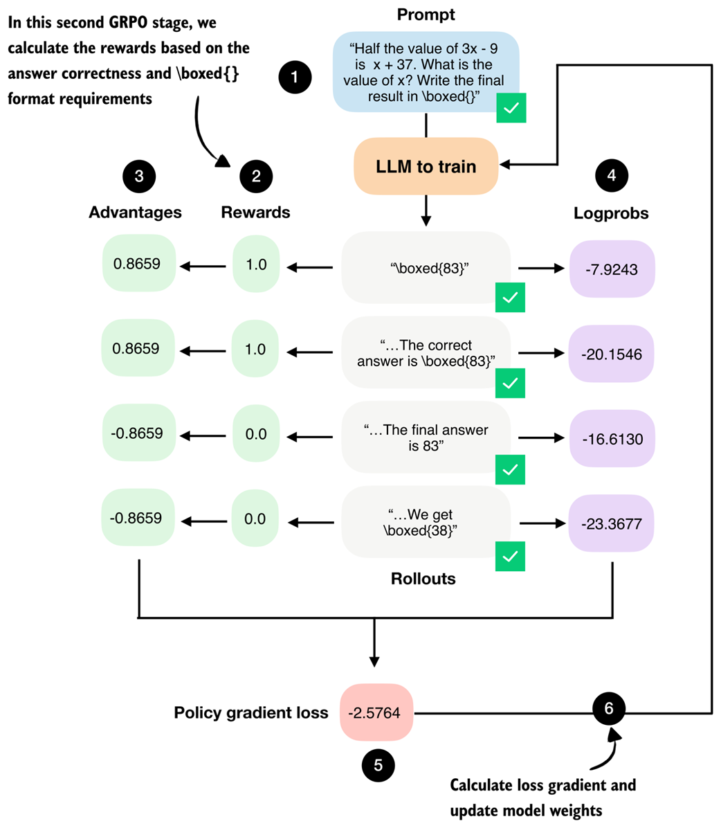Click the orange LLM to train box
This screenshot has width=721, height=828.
[x=426, y=167]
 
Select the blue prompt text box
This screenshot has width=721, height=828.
[x=426, y=72]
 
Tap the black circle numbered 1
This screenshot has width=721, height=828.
[x=295, y=77]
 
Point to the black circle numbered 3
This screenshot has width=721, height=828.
[x=138, y=176]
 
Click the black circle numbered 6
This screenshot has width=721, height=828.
[x=609, y=708]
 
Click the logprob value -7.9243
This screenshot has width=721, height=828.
[x=611, y=269]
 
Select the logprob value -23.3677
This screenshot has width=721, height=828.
[x=611, y=524]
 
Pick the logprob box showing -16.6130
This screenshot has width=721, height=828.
[x=611, y=439]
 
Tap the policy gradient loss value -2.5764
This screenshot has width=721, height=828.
[x=376, y=713]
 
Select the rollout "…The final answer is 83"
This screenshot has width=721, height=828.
[x=426, y=438]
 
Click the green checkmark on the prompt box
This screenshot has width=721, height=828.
[x=511, y=108]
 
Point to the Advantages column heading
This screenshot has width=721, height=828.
[x=135, y=213]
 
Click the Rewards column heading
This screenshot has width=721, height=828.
[x=255, y=213]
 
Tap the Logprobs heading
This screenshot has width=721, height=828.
[x=611, y=213]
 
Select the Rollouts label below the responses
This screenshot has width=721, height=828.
[x=423, y=579]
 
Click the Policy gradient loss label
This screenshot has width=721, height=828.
[x=250, y=713]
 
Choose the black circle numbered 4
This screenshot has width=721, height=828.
[x=611, y=176]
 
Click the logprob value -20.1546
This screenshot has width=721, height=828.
[x=611, y=354]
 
